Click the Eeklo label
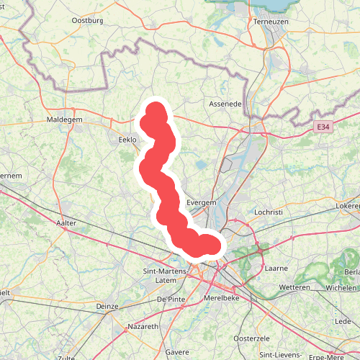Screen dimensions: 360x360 click(x=127, y=139)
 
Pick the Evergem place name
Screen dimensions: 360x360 click(x=202, y=203)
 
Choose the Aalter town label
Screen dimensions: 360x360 click(x=66, y=224)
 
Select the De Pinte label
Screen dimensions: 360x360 click(x=171, y=298)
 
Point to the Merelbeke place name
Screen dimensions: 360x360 click(x=222, y=297)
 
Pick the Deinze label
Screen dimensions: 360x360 click(x=106, y=306)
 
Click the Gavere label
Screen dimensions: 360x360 click(x=177, y=352)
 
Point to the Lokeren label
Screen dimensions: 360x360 click(x=348, y=206)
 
